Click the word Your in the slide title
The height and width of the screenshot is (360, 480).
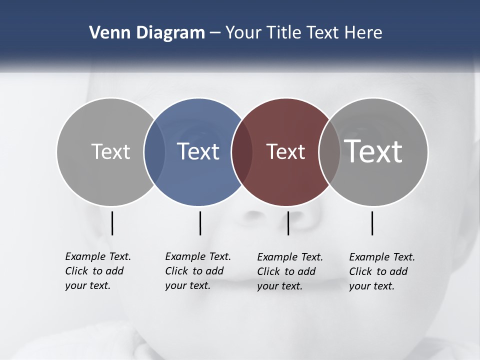(243, 33)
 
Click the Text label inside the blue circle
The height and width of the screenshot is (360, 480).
(198, 151)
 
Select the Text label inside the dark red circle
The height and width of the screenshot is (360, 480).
(285, 151)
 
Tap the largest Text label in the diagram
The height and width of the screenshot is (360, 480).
(373, 151)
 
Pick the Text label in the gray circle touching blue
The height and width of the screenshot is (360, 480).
(110, 151)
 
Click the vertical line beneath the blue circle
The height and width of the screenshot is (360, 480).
(200, 223)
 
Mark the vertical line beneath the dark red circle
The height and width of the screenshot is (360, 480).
(288, 223)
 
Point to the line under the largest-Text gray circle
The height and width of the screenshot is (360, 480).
(372, 223)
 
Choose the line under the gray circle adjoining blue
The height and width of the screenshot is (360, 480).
(112, 223)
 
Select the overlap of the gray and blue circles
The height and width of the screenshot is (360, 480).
(154, 152)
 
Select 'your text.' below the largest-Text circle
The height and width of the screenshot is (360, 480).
(371, 286)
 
